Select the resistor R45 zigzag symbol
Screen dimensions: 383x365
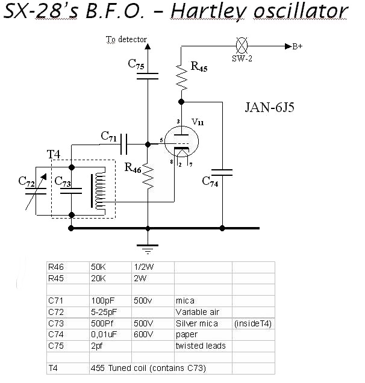click(180, 75)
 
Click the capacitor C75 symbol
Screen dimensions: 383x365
click(148, 75)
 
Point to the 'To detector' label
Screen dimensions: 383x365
click(126, 40)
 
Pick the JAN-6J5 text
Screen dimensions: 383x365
click(270, 108)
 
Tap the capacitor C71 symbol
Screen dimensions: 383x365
click(125, 144)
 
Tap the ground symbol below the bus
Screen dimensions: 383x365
click(148, 246)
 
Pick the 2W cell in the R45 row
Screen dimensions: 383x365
click(139, 279)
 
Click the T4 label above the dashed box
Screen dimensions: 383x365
click(54, 155)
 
